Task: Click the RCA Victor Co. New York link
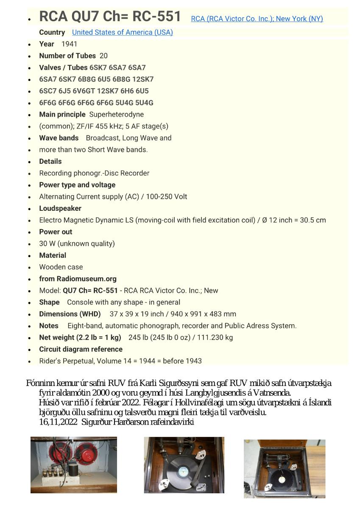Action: tap(257, 19)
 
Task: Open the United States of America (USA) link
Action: tap(122, 32)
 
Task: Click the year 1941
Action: tap(69, 44)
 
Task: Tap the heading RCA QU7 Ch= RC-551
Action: tap(110, 17)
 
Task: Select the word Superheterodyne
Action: tap(116, 115)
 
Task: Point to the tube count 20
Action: tap(103, 56)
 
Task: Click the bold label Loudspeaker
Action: tap(60, 208)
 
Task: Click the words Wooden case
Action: tap(61, 267)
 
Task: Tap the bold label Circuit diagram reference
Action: tap(81, 349)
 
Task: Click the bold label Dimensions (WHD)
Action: tap(70, 314)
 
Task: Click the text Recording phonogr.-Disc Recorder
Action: tap(94, 173)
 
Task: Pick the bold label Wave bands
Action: tap(59, 138)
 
